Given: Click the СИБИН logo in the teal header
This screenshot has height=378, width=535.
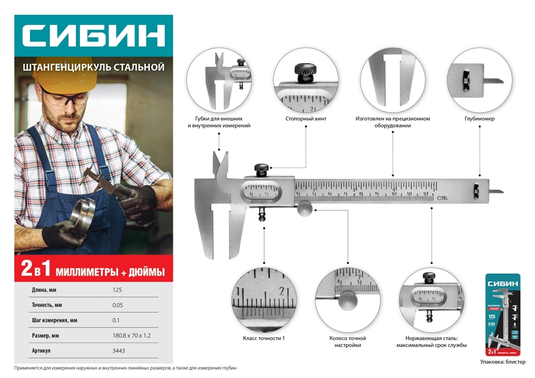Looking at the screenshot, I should point(93,36).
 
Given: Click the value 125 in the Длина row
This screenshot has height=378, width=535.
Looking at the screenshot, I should point(118,290).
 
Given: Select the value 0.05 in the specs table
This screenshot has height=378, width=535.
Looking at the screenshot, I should point(119,305).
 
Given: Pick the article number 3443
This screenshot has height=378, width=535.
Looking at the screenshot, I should point(119,351).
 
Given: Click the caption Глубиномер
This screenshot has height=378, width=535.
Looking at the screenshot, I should point(479,118).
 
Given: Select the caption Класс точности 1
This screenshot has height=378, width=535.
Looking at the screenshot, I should point(264,338).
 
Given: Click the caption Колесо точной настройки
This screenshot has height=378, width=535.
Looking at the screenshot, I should point(348,342).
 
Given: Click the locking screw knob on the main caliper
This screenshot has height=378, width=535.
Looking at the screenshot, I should point(262,170).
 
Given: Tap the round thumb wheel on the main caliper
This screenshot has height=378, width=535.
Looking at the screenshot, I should point(304,208).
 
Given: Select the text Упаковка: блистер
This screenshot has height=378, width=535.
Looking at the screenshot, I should point(502,362).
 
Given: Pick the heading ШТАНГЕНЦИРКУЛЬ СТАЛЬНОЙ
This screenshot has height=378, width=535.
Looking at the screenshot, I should point(93,67).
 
